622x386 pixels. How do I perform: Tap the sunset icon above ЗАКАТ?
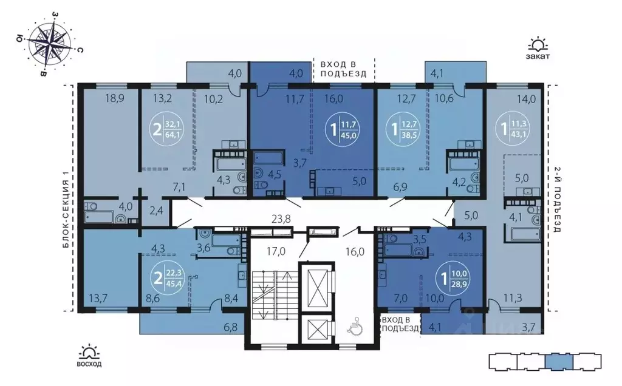tap(538, 44)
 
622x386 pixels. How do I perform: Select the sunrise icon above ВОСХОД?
tap(89, 351)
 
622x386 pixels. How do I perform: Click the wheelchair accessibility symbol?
tap(354, 328)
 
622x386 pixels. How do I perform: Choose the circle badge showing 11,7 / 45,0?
tap(343, 129)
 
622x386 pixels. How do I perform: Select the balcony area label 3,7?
tap(528, 328)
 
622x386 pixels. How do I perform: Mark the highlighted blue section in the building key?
tap(558, 362)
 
